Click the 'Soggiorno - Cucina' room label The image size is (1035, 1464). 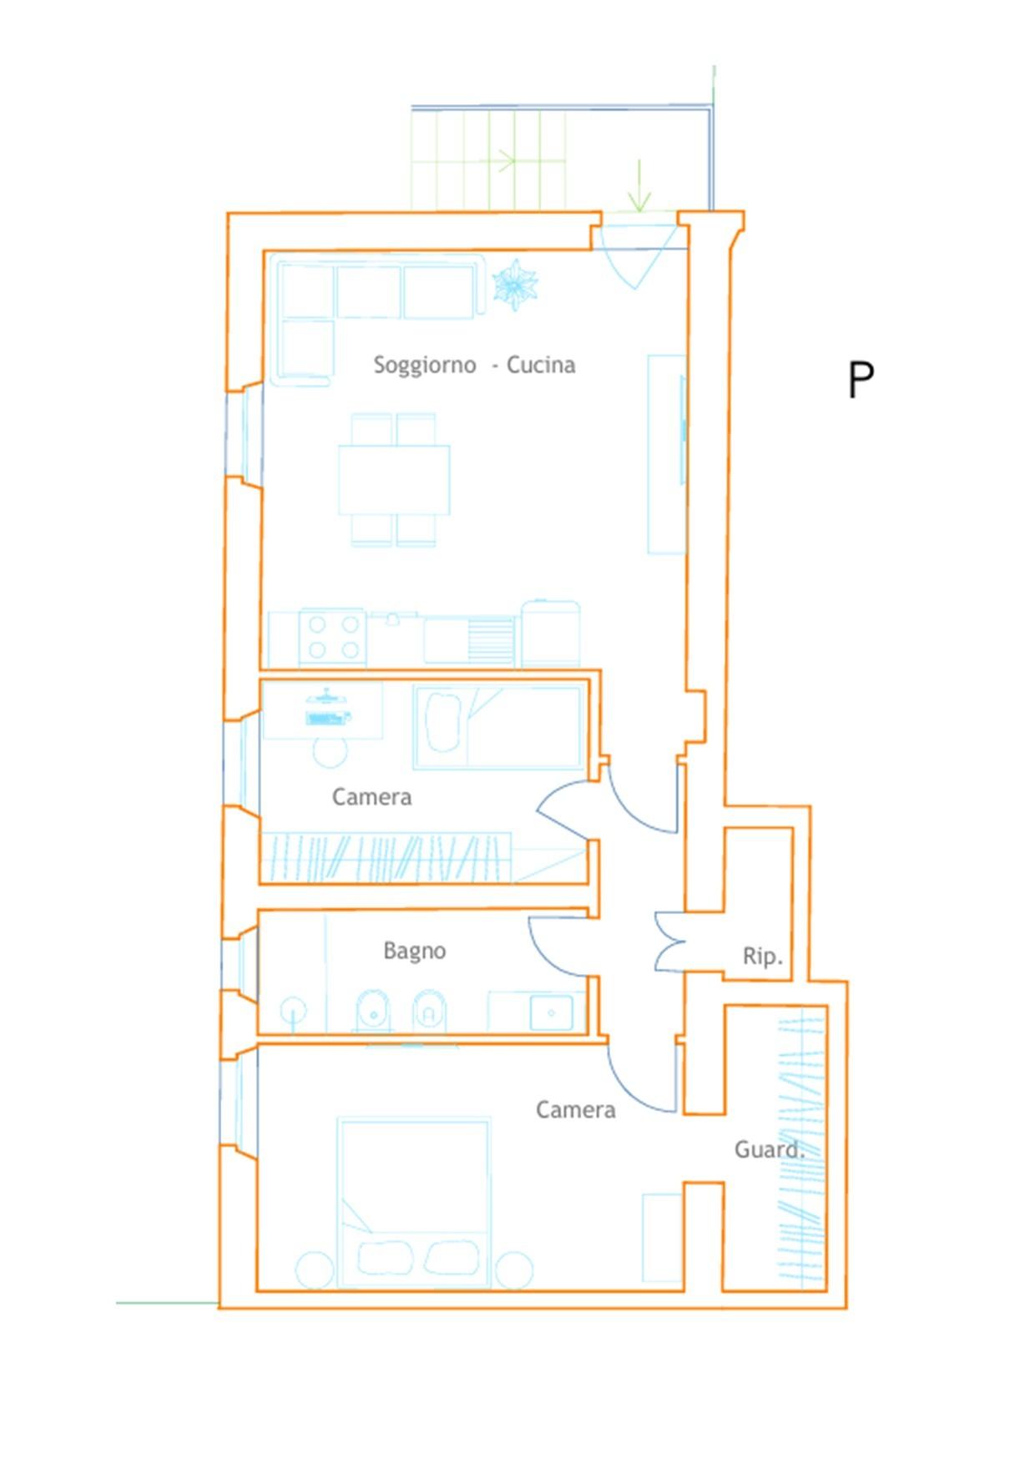(x=474, y=366)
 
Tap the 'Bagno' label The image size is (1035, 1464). (x=415, y=952)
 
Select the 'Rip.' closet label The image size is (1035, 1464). (x=763, y=956)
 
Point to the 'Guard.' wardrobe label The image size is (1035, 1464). (x=770, y=1149)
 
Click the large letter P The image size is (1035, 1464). (x=861, y=381)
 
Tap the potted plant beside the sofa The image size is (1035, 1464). (x=515, y=285)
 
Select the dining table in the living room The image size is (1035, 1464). (x=394, y=480)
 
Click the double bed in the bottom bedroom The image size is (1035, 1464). (x=414, y=1203)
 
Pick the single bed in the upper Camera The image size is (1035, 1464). (x=498, y=727)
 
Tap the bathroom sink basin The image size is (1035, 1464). (x=552, y=1012)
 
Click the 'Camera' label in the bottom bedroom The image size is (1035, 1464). (x=576, y=1110)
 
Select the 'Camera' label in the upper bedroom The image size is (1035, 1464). (x=372, y=797)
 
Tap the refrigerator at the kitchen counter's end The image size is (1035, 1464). (x=551, y=634)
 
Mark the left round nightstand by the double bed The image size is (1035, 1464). (x=315, y=1270)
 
